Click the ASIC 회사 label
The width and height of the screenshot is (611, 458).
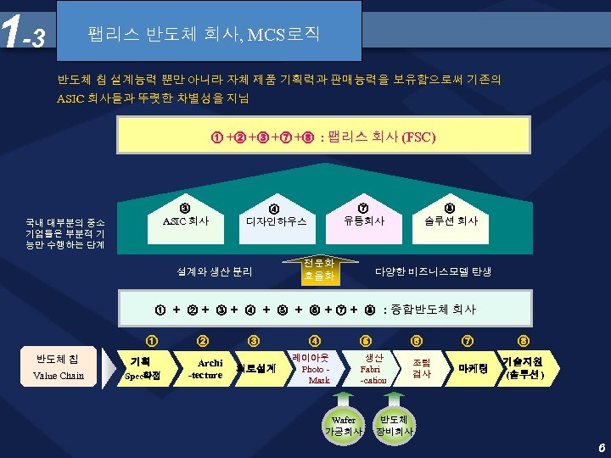tap(185, 221)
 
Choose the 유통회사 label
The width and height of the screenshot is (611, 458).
tap(363, 221)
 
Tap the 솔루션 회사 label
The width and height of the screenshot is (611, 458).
tap(450, 221)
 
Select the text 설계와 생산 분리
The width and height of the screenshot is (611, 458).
tap(214, 272)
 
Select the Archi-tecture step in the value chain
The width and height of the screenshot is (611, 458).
tap(205, 369)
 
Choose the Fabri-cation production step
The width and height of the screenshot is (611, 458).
tap(372, 369)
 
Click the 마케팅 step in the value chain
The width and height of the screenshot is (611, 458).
tap(470, 369)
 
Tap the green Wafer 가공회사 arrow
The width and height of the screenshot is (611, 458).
tap(344, 422)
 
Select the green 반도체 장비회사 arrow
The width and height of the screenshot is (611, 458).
tap(396, 422)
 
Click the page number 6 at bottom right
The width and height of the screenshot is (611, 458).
tap(600, 446)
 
